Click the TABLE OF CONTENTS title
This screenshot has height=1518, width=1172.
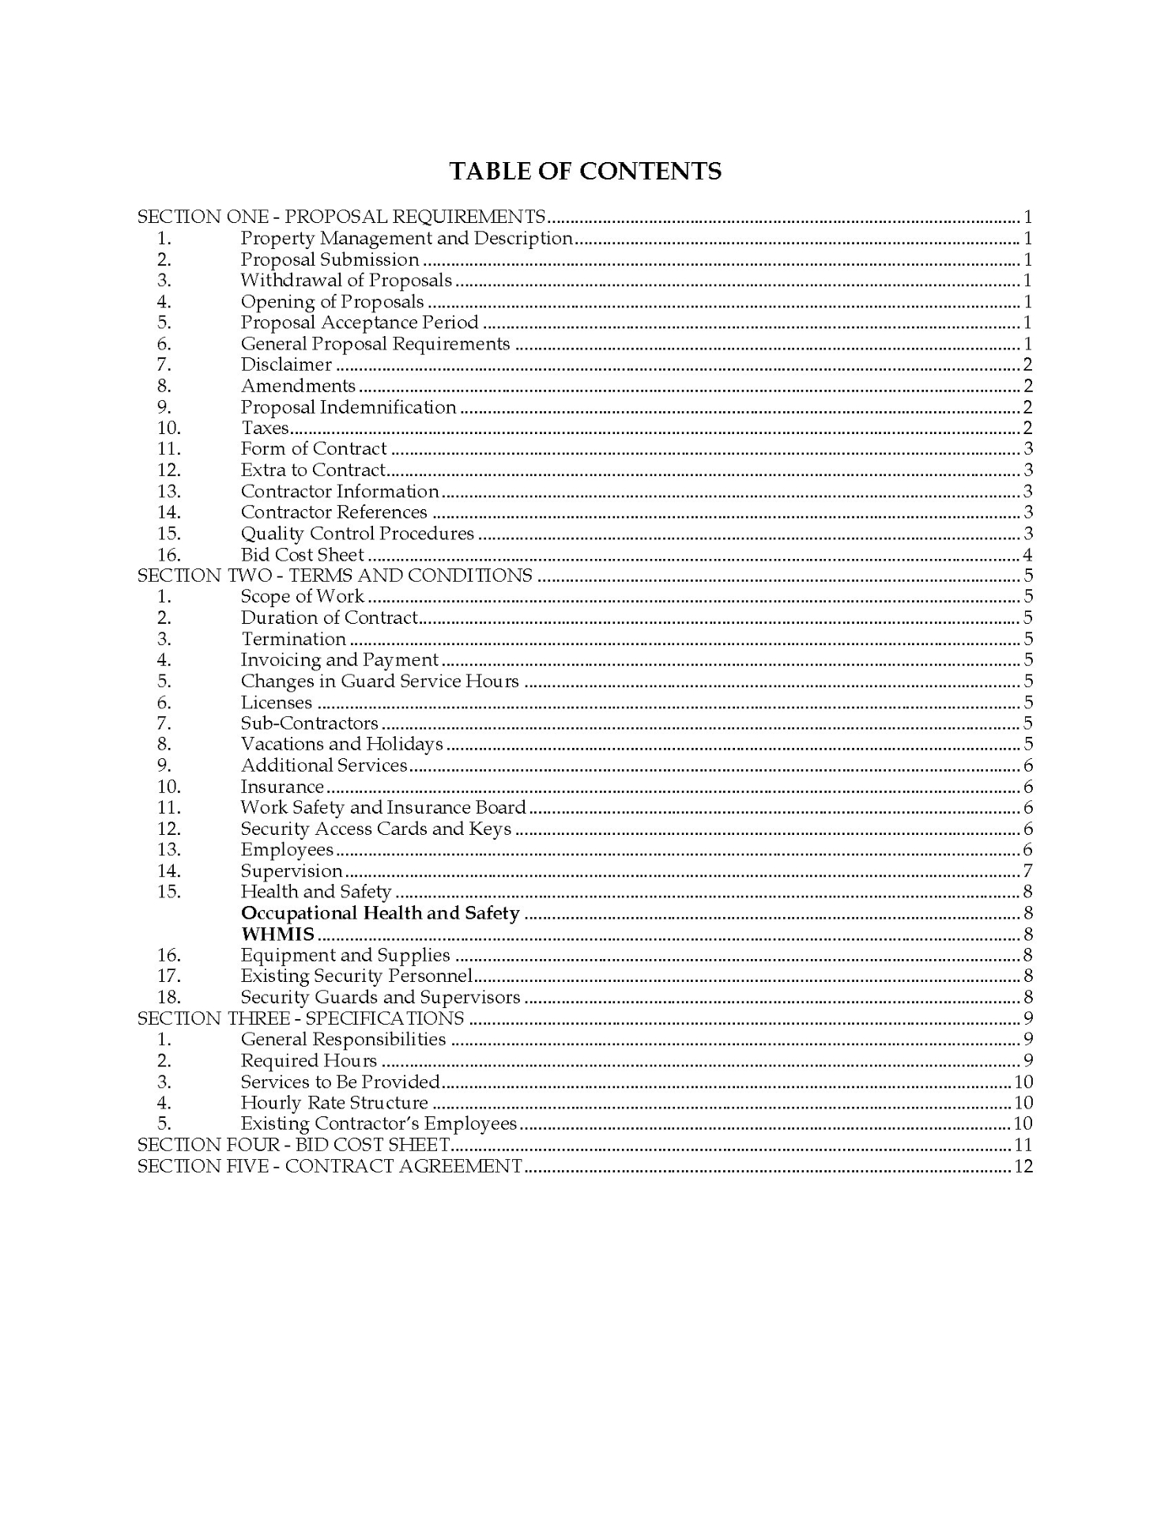click(x=585, y=172)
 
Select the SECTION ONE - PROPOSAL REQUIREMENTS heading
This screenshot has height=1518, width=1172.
click(x=341, y=217)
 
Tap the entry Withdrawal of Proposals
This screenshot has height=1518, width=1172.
click(x=346, y=280)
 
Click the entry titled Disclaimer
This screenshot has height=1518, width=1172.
click(x=286, y=364)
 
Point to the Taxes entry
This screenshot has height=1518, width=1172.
click(x=265, y=429)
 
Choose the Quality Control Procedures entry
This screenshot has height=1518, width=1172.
click(x=357, y=534)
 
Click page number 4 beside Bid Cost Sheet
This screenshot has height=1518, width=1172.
click(x=1027, y=555)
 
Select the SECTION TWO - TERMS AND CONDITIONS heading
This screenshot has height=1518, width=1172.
click(x=335, y=576)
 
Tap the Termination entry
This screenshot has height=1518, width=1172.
click(x=293, y=639)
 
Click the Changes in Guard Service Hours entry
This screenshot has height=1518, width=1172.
click(x=379, y=682)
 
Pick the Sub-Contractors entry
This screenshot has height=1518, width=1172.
click(x=309, y=723)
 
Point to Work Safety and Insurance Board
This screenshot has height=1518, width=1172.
click(x=383, y=807)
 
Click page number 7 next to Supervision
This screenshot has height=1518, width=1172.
click(x=1027, y=871)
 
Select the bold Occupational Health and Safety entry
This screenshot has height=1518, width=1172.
click(x=380, y=913)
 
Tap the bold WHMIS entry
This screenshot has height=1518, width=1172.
click(x=277, y=935)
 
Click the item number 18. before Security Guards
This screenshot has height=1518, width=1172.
click(x=169, y=998)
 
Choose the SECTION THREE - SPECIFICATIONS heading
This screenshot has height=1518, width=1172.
click(x=301, y=1018)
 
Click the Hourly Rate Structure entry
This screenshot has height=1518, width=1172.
click(x=334, y=1103)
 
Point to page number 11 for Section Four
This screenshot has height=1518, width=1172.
click(x=1023, y=1145)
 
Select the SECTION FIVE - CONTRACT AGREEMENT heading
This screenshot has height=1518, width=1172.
click(x=330, y=1166)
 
